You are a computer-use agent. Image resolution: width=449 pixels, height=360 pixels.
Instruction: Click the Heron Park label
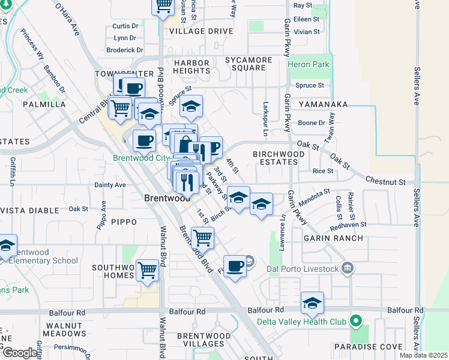pos(309,64)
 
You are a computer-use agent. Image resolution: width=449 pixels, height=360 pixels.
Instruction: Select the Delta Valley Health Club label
pos(302,322)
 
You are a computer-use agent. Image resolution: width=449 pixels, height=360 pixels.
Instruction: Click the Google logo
pos(19,353)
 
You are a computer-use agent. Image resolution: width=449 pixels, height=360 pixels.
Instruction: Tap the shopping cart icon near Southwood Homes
pos(147,271)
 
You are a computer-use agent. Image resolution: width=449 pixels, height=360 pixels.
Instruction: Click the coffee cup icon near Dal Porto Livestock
pos(235,266)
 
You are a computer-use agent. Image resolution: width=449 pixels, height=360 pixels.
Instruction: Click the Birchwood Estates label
pos(279,158)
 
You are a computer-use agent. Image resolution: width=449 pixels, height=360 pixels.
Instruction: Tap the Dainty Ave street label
pos(110,185)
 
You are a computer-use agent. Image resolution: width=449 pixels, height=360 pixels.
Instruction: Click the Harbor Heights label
pos(191,67)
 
